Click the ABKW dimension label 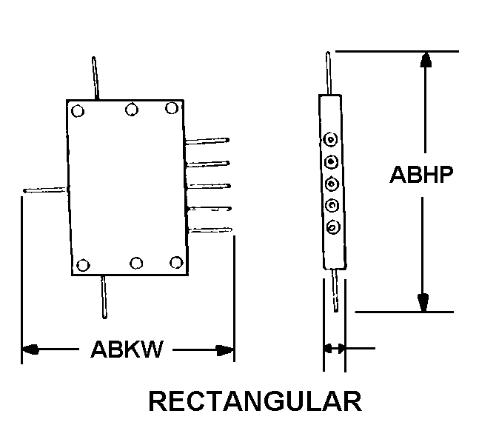127,349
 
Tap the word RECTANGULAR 255,401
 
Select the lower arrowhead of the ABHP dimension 423,302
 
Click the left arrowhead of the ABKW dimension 30,349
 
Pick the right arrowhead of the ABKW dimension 226,349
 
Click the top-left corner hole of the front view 78,112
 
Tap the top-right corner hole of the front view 172,108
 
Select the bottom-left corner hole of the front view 83,265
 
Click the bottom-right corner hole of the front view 175,261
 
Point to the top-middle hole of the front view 132,110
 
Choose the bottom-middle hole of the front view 137,263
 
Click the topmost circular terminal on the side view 331,138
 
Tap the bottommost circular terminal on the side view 332,227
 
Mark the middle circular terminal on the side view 332,183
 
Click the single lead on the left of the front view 44,190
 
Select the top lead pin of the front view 95,78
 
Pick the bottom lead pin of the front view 105,296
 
